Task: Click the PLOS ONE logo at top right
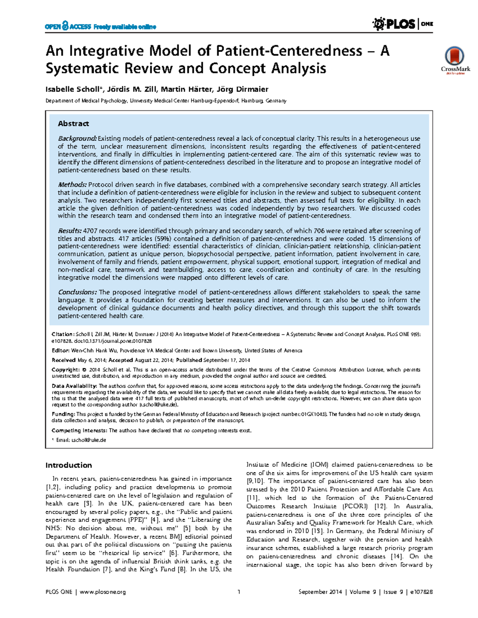pyautogui.click(x=402, y=24)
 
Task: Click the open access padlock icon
pyautogui.click(x=65, y=26)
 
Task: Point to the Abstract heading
pyautogui.click(x=73, y=124)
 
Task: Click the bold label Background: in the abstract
pyautogui.click(x=77, y=139)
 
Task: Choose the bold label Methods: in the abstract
pyautogui.click(x=72, y=185)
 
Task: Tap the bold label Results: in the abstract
pyautogui.click(x=70, y=231)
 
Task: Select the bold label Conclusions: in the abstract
pyautogui.click(x=77, y=292)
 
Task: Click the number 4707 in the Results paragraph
pyautogui.click(x=90, y=231)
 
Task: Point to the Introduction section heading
pyautogui.click(x=69, y=465)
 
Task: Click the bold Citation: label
pyautogui.click(x=63, y=335)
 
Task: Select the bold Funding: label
pyautogui.click(x=63, y=414)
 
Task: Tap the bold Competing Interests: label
pyautogui.click(x=79, y=431)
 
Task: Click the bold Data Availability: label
pyautogui.click(x=74, y=386)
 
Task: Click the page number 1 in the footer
pyautogui.click(x=239, y=592)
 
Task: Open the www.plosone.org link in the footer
pyautogui.click(x=103, y=592)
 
